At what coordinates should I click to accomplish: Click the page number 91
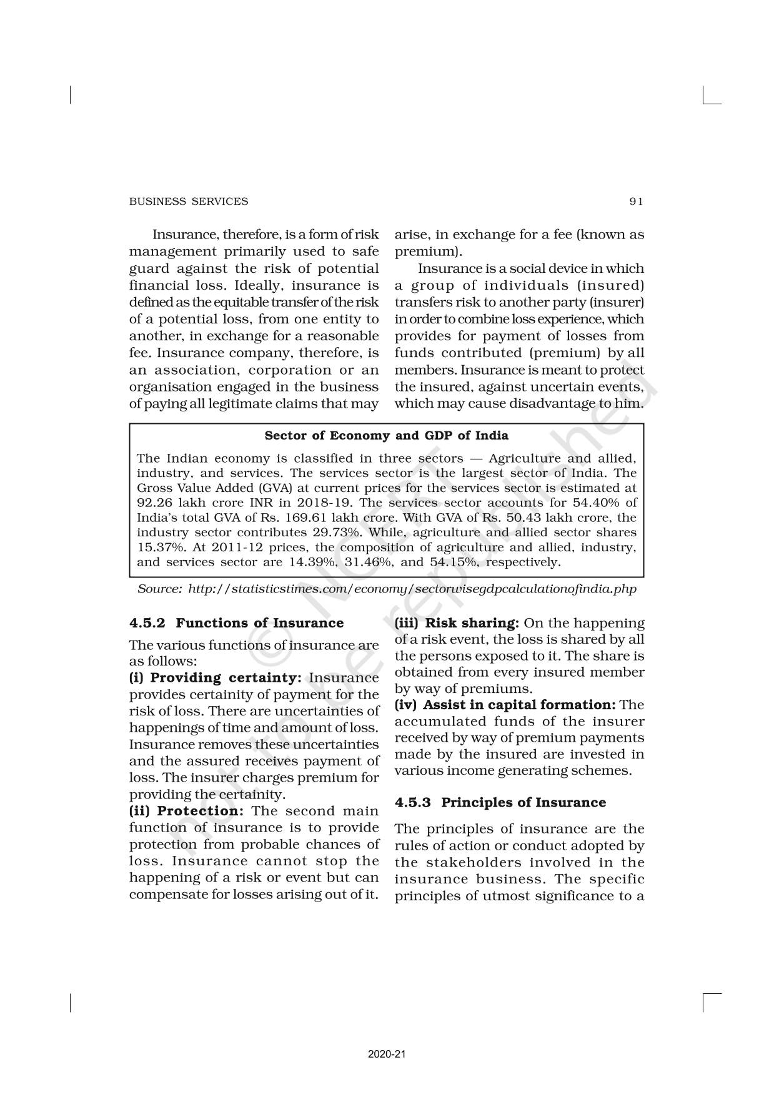(x=636, y=201)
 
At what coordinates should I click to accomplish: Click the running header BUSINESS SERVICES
(x=188, y=201)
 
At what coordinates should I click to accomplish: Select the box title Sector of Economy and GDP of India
(x=386, y=436)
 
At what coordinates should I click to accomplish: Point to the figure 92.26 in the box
(x=154, y=503)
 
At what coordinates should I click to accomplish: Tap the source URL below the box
(x=412, y=589)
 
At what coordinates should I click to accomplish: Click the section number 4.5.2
(x=147, y=623)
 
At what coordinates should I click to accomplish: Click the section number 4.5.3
(x=413, y=802)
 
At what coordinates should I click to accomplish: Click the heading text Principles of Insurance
(x=523, y=802)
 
